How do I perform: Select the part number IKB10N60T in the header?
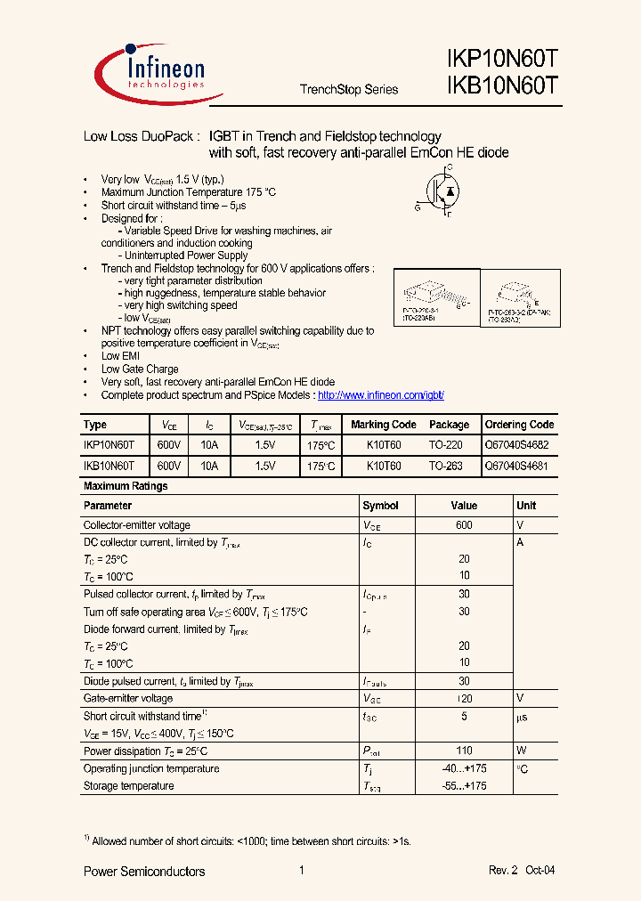coord(502,86)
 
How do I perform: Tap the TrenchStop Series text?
coord(349,89)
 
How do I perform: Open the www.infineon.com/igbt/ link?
coord(380,394)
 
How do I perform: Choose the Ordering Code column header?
coord(519,425)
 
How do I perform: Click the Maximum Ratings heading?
coord(125,486)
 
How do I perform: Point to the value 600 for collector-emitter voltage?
coord(464,525)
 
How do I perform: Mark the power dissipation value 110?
coord(464,751)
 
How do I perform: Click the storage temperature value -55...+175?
coord(464,786)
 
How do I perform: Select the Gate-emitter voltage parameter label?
coord(128,699)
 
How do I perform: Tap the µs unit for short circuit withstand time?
coord(523,717)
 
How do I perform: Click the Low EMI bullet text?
coord(120,356)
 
